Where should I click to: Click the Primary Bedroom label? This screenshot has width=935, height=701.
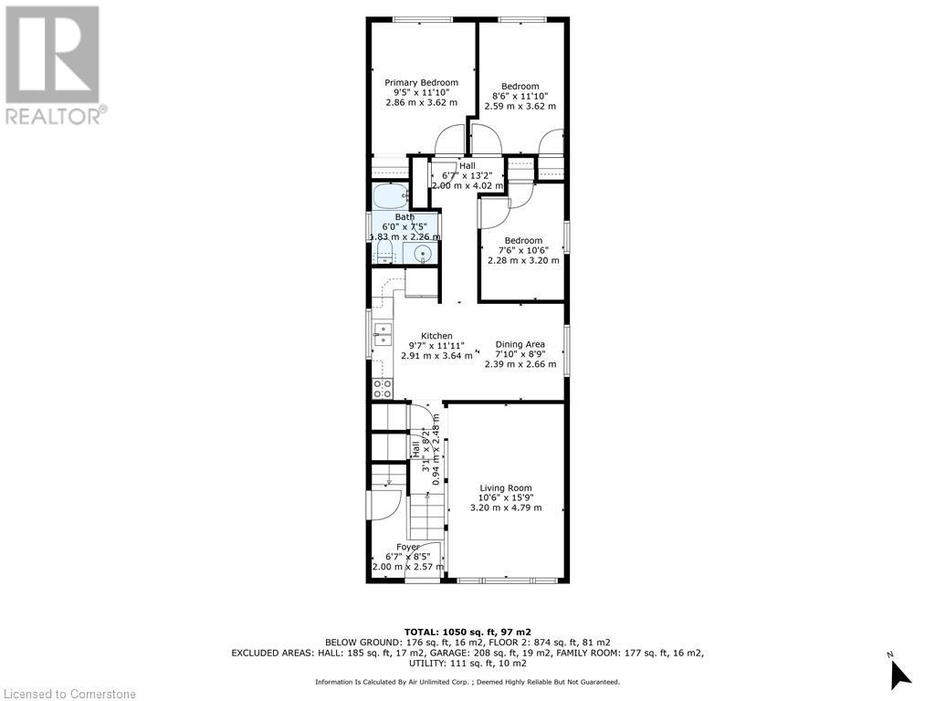coord(421,83)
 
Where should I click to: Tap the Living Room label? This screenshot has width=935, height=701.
coord(506,488)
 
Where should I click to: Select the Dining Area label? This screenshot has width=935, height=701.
coord(520,345)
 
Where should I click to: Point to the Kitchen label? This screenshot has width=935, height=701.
coord(436,336)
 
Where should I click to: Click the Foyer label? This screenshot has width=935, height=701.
coord(408,547)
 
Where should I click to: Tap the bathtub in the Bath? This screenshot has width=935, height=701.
coord(390,196)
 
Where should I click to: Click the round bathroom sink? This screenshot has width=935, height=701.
coord(422,254)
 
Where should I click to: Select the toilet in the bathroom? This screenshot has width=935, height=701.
coord(384,253)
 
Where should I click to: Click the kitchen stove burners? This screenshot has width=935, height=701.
coord(382,388)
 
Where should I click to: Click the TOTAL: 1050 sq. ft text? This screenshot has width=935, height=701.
coord(467,632)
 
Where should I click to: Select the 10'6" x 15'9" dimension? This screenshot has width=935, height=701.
coord(506,497)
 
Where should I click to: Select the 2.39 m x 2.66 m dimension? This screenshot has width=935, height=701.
coord(520,364)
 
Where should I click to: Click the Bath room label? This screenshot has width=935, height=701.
coord(404,217)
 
